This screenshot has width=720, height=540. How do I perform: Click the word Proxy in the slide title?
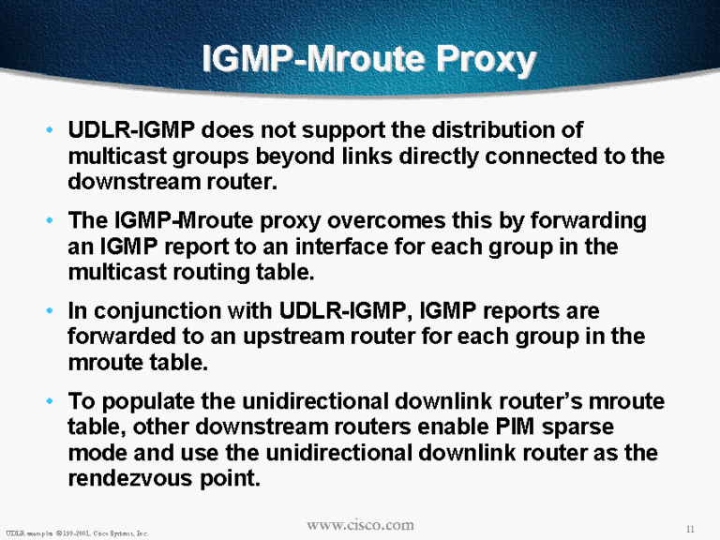[486, 60]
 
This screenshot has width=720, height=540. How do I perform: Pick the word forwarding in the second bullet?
[589, 221]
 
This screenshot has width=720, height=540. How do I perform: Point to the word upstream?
[293, 337]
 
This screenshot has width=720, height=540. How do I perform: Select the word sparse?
[577, 427]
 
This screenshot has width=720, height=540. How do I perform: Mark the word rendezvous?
[130, 479]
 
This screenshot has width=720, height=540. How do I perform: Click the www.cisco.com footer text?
[360, 525]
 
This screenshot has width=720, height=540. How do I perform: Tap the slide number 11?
[690, 529]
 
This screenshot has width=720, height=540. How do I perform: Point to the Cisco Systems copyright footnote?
[77, 533]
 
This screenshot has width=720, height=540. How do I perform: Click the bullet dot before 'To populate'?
[50, 401]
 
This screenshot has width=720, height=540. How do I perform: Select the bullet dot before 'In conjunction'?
[50, 311]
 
